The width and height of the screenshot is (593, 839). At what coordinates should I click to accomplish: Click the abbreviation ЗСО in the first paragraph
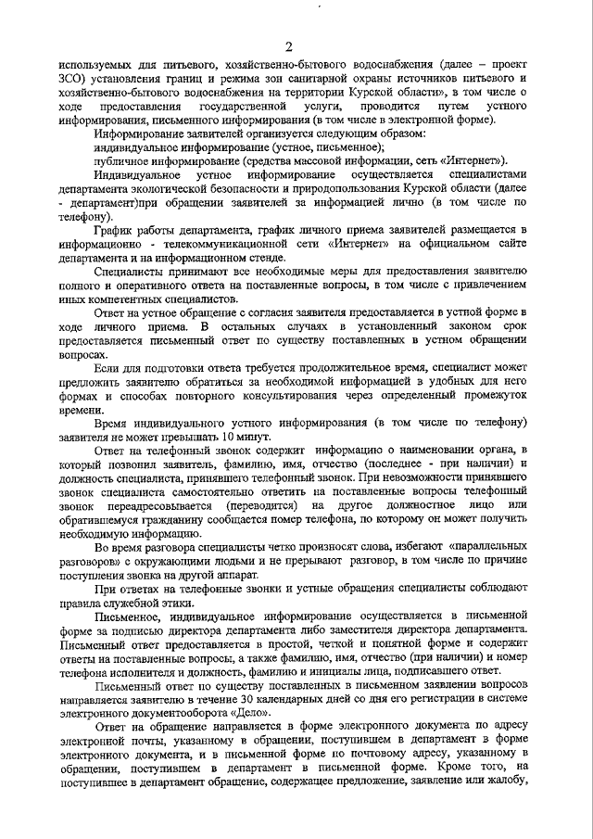(70, 79)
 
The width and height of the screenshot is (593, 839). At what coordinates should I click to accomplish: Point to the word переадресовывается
(152, 504)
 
